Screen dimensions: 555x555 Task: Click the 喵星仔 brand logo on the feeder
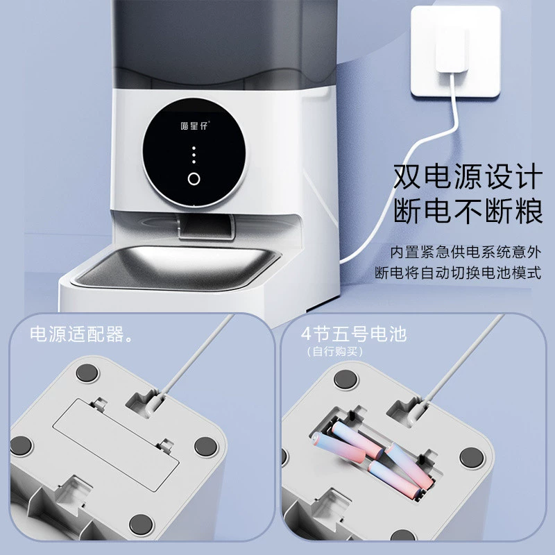click(x=195, y=126)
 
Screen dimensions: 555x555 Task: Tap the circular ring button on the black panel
click(x=194, y=179)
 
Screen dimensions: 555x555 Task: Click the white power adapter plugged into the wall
click(x=452, y=49)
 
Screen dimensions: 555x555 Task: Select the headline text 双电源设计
click(x=468, y=176)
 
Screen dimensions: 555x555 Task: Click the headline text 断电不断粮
click(x=468, y=211)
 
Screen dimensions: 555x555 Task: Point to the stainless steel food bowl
click(x=176, y=266)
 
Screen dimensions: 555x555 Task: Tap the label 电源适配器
click(x=81, y=334)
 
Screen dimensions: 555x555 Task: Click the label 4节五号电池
click(x=354, y=334)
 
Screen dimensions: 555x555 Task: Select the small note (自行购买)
click(x=335, y=352)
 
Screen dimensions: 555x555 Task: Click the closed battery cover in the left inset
click(x=116, y=445)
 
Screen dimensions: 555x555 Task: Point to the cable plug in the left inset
click(x=154, y=404)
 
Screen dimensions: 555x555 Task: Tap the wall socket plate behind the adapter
click(x=456, y=51)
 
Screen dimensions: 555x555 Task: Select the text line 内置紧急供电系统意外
click(x=466, y=253)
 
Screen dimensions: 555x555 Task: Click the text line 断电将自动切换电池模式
click(x=458, y=273)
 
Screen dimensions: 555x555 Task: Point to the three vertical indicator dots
click(x=194, y=155)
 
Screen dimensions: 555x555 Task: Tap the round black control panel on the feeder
click(x=194, y=152)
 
